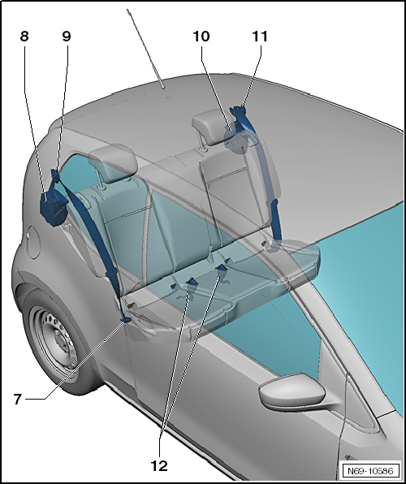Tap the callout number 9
tap(67, 37)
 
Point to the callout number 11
tap(260, 37)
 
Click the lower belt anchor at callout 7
tap(125, 320)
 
